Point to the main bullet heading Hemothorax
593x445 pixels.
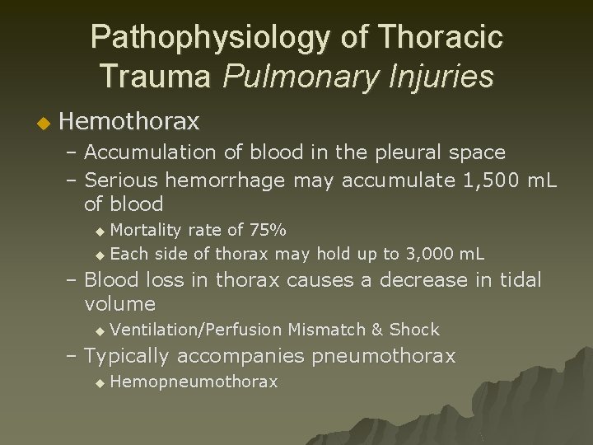click(x=129, y=122)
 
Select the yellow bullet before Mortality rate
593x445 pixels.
click(x=100, y=230)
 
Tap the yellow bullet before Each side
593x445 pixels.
click(x=100, y=255)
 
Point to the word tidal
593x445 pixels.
click(x=521, y=280)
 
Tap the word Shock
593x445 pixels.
click(x=414, y=330)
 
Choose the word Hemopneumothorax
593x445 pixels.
click(x=194, y=382)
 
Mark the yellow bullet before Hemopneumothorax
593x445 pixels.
click(x=100, y=383)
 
